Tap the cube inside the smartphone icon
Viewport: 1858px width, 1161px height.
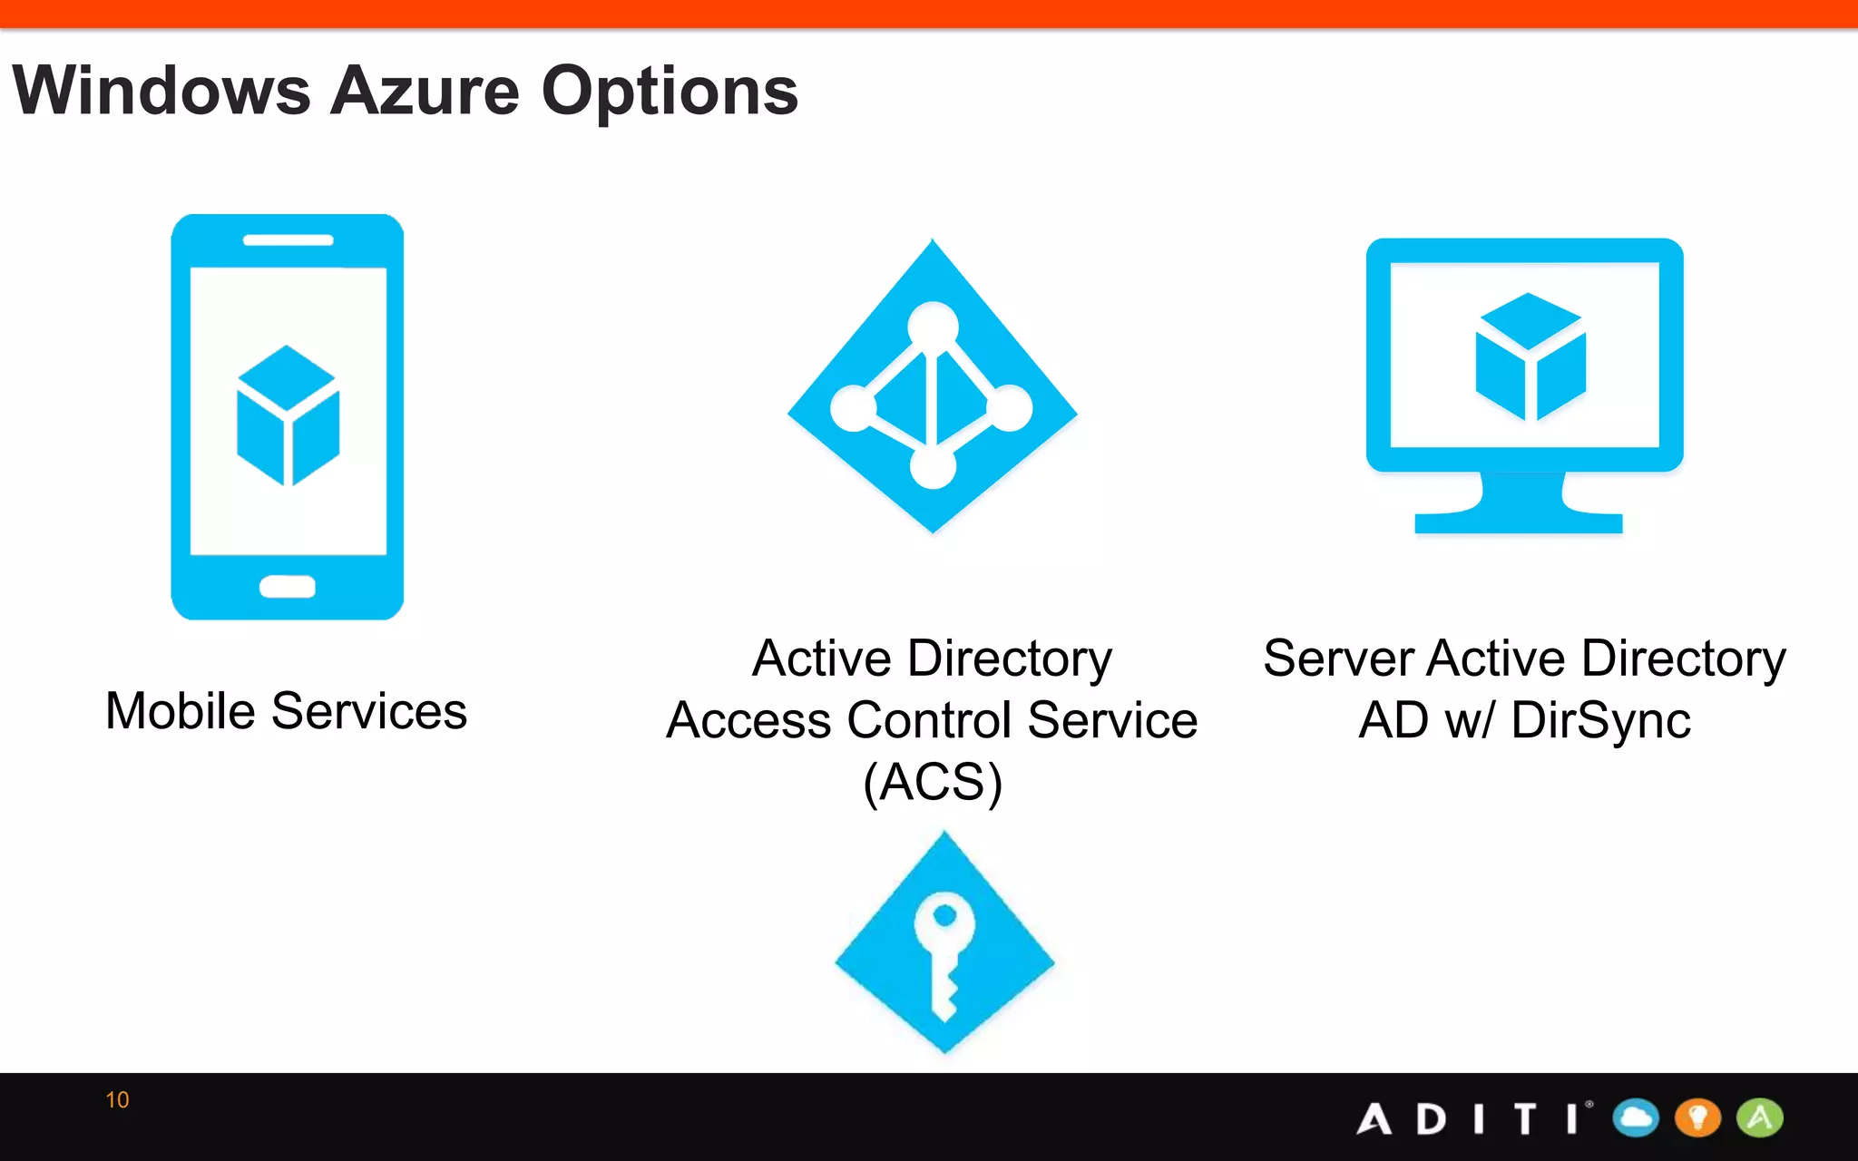288,416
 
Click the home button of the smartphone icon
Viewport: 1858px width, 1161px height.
288,587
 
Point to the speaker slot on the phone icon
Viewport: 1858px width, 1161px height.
288,240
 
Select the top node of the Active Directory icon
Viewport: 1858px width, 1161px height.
933,324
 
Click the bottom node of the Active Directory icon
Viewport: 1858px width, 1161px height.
933,467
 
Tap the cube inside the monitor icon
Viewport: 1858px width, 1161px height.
1530,356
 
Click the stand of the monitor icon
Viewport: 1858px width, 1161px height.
1520,508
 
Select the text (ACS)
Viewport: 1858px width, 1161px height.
933,782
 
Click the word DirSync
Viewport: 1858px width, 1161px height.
1600,721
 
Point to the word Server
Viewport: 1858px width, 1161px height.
1338,659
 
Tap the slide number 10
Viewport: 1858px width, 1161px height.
117,1100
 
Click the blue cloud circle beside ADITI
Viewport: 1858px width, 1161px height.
1636,1117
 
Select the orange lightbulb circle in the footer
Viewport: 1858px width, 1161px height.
1697,1117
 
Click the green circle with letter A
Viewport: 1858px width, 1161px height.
1759,1117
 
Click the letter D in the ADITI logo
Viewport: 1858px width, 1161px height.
1431,1119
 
